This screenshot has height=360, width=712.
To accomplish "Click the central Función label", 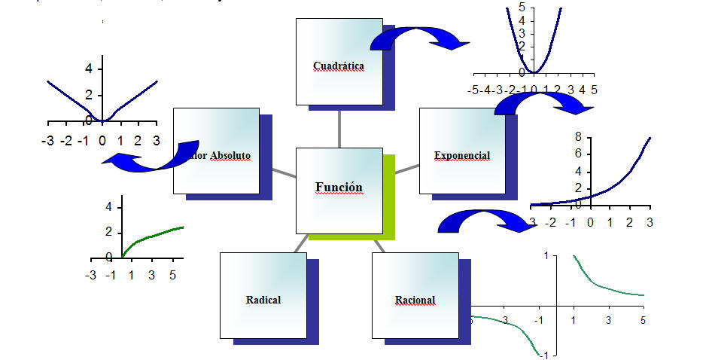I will point(339,188).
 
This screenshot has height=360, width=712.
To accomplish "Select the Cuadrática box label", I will point(338,66).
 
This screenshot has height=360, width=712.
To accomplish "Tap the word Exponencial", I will point(461,156).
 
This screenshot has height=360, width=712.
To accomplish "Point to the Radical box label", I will point(263,300).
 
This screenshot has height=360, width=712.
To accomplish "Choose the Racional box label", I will point(415,301).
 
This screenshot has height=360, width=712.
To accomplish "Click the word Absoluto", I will point(230,156).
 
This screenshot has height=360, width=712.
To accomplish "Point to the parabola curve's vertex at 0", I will point(532,72).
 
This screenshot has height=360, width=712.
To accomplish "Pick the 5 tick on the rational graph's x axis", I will point(642,321).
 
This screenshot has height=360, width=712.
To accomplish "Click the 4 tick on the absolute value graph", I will point(88,69).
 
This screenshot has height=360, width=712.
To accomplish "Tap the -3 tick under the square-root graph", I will point(91,276).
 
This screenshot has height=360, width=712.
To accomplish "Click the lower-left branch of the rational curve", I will point(512,323).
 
